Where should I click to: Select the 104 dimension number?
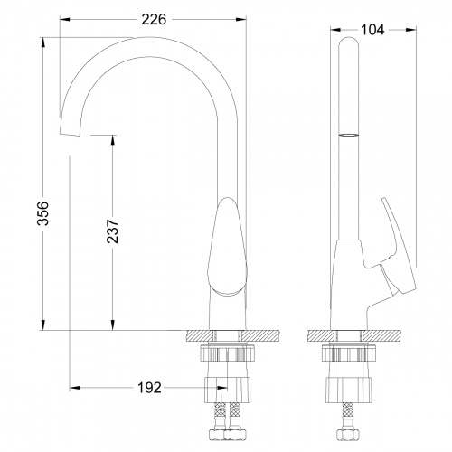coord(372,30)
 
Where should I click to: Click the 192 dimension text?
coord(148,388)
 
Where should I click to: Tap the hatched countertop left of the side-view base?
coord(321,334)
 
